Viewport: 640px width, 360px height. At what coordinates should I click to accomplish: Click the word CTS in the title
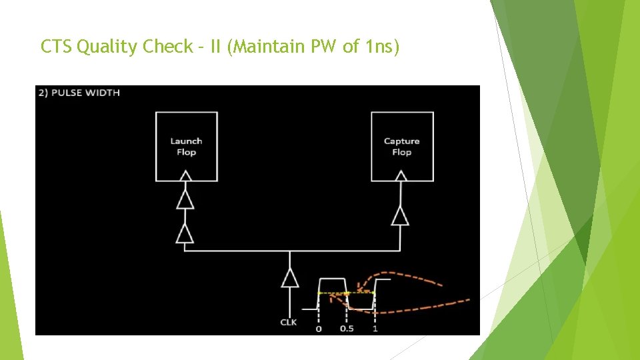click(57, 47)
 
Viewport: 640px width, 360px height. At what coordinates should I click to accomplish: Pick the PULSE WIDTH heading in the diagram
click(79, 93)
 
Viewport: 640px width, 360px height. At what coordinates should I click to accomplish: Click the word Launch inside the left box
click(186, 141)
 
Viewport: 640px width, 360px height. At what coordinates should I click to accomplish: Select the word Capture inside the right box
click(401, 141)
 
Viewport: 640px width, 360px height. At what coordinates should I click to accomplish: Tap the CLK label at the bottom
click(289, 322)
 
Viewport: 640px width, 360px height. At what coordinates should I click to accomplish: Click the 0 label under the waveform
click(318, 329)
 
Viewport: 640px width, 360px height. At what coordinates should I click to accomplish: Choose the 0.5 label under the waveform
click(347, 329)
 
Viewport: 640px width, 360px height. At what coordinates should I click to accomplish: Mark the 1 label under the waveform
click(375, 329)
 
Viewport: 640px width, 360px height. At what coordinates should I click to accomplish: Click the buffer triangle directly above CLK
click(289, 277)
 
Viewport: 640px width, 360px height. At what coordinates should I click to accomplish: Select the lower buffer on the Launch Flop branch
click(185, 233)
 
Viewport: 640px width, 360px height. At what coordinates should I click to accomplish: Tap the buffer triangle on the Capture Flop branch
click(400, 215)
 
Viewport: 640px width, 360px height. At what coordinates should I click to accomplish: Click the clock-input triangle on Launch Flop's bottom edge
click(186, 176)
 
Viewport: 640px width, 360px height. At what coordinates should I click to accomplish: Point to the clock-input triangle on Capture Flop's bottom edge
click(401, 176)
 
